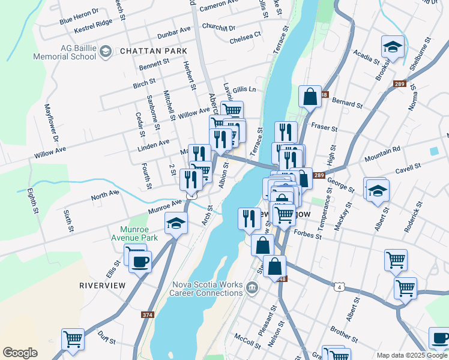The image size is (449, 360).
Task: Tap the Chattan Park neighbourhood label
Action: pyautogui.click(x=154, y=52)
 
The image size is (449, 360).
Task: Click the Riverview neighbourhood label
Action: pyautogui.click(x=103, y=285)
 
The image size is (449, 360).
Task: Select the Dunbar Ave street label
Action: pyautogui.click(x=173, y=32)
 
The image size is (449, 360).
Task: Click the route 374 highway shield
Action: pyautogui.click(x=148, y=314)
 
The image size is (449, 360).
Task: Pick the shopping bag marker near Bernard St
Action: pyautogui.click(x=310, y=96)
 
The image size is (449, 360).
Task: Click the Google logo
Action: pyautogui.click(x=20, y=353)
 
